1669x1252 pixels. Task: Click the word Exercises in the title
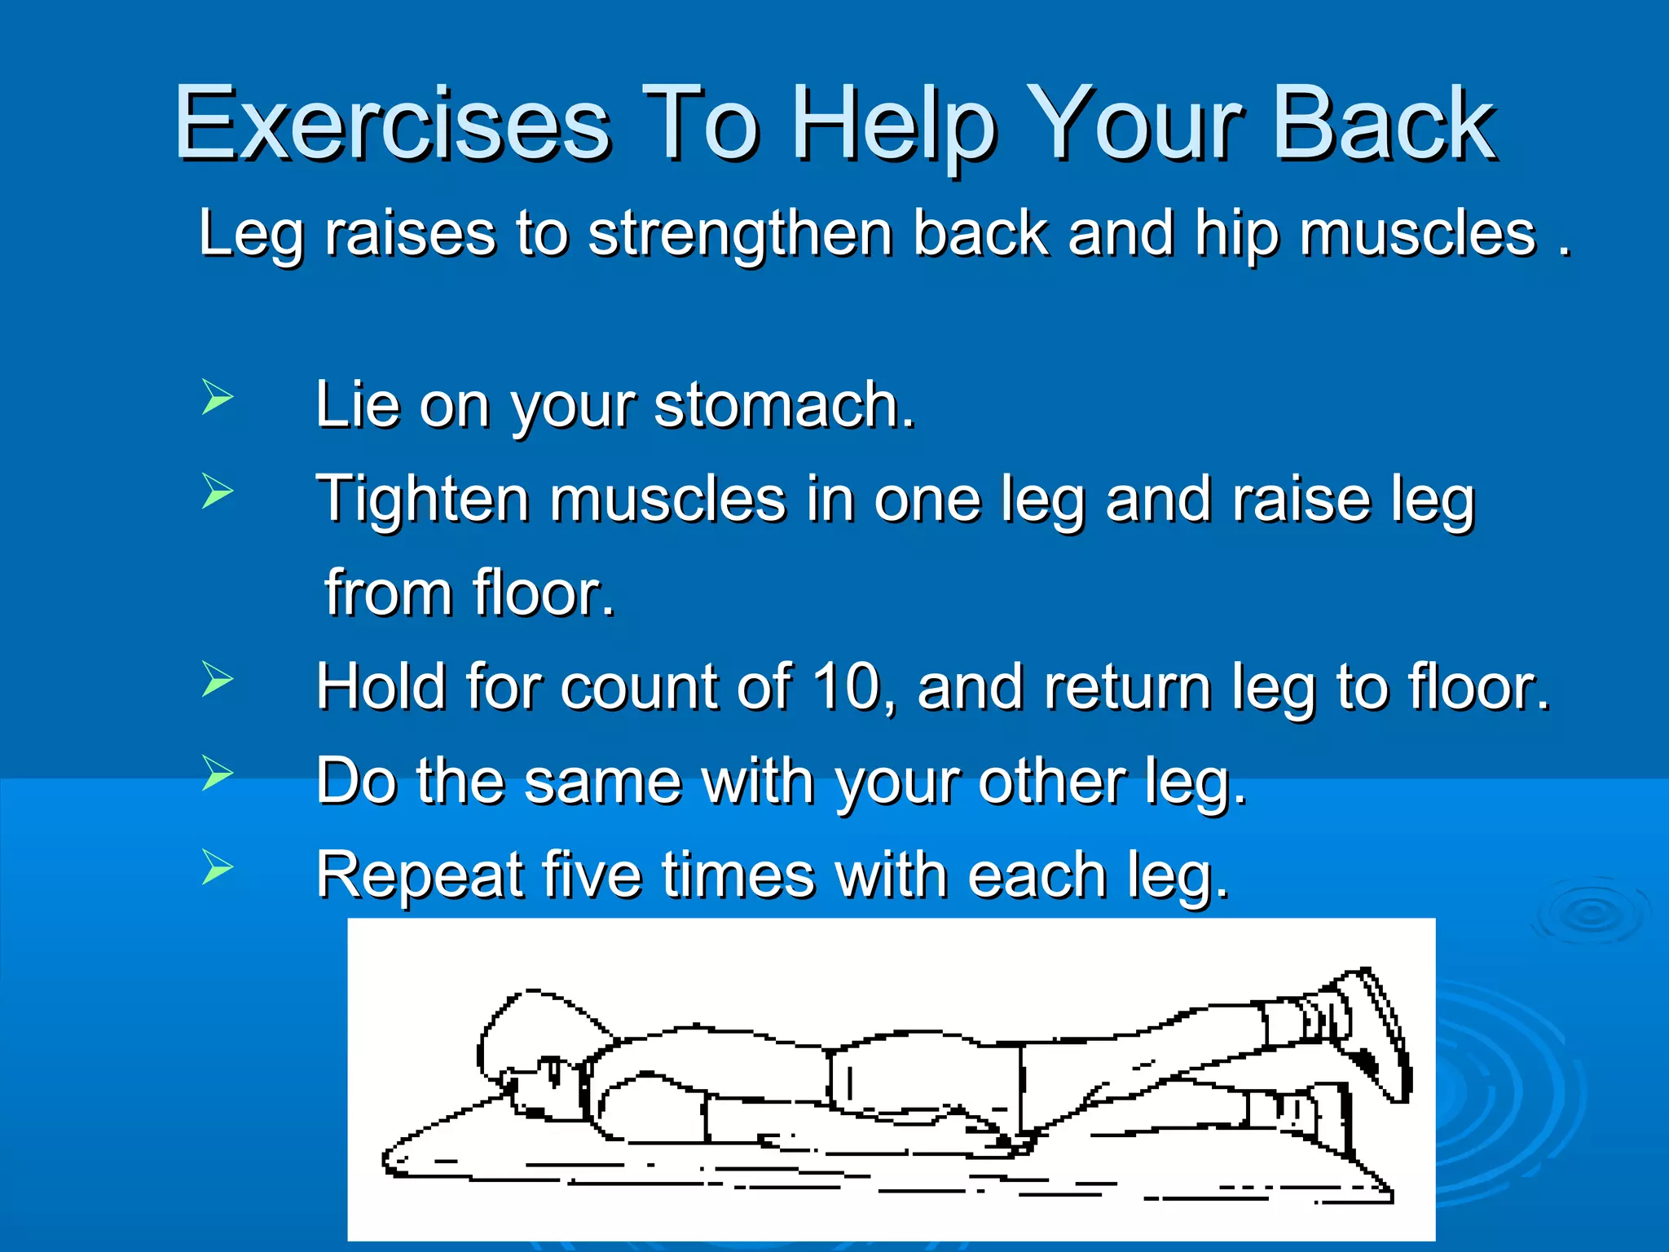click(x=392, y=124)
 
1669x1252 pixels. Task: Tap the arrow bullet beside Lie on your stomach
click(x=217, y=398)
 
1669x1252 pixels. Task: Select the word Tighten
click(x=423, y=500)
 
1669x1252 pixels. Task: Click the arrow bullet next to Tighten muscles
click(x=217, y=492)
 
